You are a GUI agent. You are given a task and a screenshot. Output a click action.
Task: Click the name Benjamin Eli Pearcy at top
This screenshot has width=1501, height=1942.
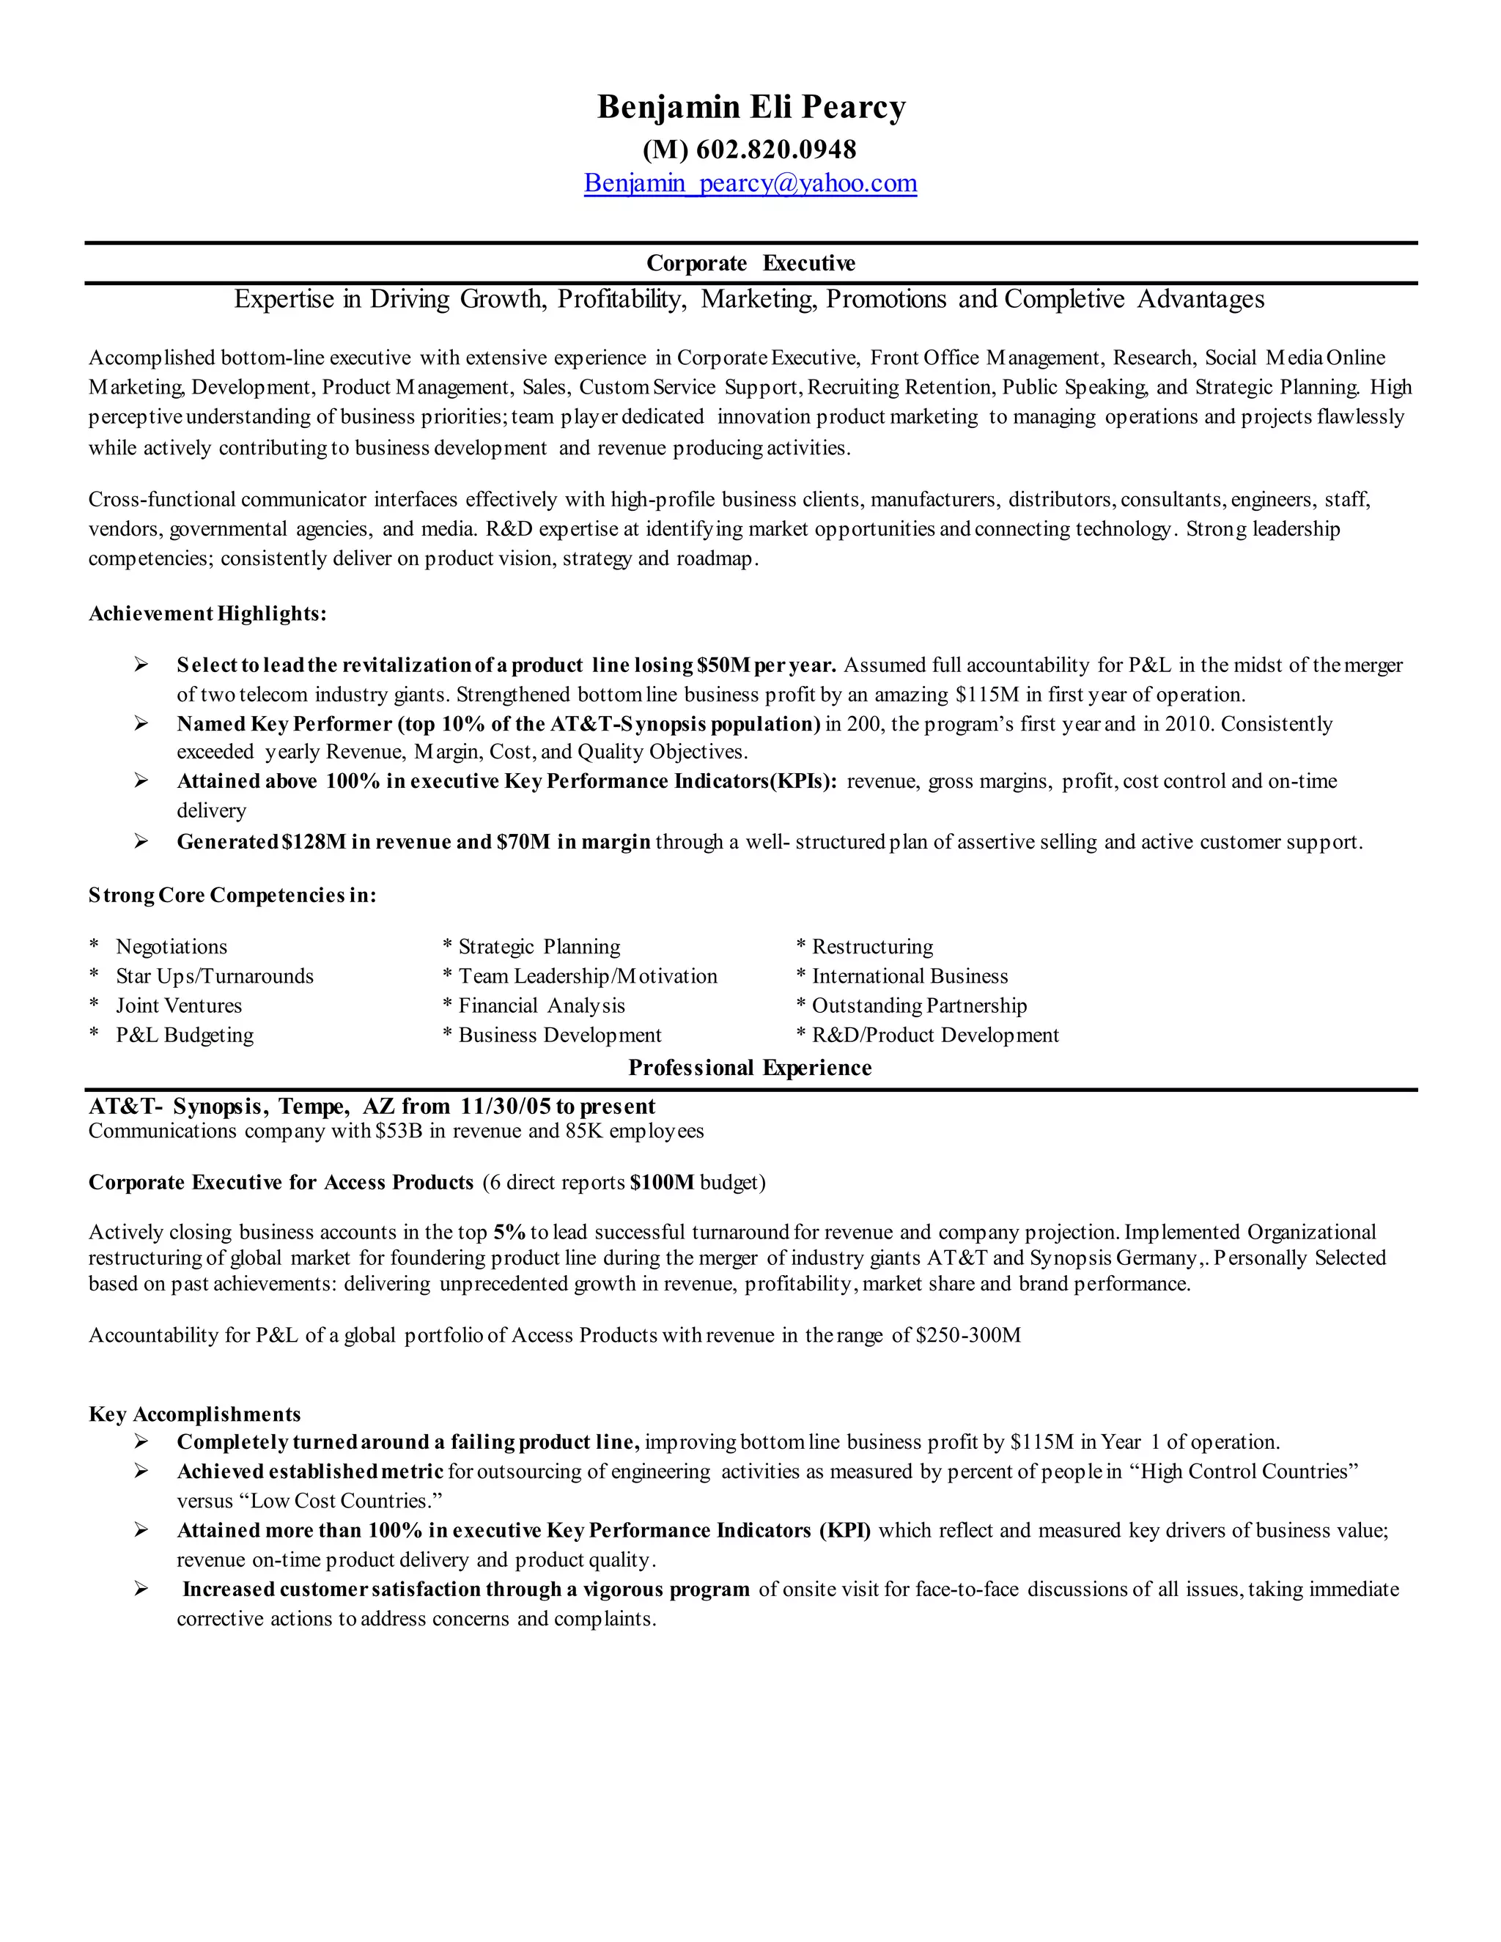[750, 107]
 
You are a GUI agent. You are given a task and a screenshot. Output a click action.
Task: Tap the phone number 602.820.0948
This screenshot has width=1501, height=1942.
[775, 149]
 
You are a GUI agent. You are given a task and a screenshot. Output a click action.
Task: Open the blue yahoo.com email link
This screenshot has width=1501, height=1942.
[750, 183]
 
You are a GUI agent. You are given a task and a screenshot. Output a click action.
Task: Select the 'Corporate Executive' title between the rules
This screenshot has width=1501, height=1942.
[750, 263]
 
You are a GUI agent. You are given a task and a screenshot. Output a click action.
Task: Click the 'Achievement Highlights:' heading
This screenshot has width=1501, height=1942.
[207, 613]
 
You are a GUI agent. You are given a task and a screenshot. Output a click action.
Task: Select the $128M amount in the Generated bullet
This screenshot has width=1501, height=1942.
[313, 841]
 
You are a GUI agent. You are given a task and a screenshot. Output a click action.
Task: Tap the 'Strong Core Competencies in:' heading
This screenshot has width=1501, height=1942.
[232, 896]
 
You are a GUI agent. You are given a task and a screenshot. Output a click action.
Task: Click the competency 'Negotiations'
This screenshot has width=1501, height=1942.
[172, 947]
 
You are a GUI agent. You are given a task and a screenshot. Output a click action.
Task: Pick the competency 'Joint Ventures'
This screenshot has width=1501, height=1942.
[179, 1005]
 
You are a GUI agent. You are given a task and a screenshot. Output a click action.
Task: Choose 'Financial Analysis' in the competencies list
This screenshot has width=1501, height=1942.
[542, 1005]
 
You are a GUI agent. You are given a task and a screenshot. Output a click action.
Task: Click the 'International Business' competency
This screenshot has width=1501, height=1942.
[910, 976]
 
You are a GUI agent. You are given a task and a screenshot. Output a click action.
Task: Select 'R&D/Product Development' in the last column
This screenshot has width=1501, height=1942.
[934, 1035]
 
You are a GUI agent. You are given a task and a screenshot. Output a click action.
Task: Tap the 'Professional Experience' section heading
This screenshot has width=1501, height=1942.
[750, 1068]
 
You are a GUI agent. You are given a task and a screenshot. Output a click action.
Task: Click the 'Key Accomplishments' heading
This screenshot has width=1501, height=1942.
[195, 1414]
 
